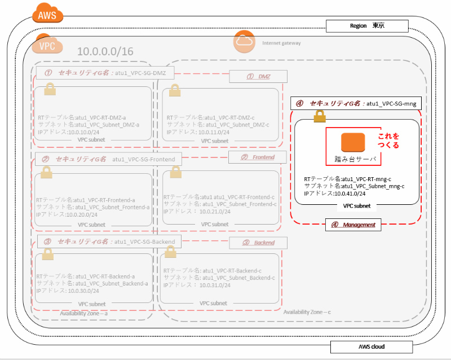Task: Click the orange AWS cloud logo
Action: coord(48,14)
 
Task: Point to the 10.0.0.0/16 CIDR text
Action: coord(105,51)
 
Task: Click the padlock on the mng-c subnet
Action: coord(320,116)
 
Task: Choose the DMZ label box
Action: coord(258,76)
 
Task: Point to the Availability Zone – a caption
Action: coord(84,314)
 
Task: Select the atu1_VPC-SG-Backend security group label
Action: coord(144,242)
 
